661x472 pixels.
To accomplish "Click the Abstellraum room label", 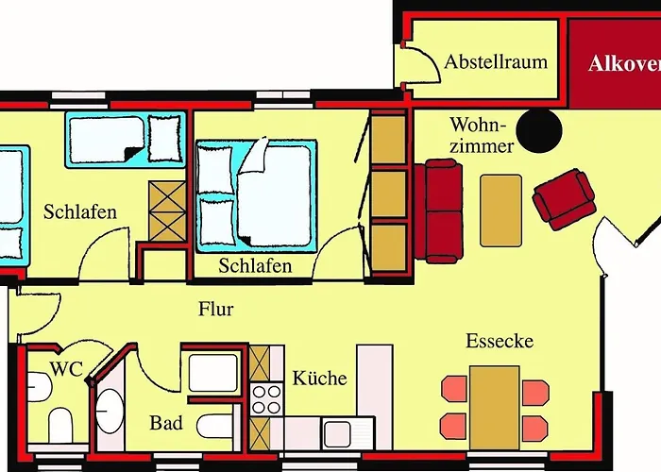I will (x=496, y=62).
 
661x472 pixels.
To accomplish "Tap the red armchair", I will (x=564, y=198).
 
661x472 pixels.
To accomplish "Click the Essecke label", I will (x=500, y=341).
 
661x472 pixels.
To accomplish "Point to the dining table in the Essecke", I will (x=495, y=406).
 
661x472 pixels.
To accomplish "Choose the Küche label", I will (x=319, y=379).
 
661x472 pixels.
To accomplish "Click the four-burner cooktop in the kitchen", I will (x=267, y=396).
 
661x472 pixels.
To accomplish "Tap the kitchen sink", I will (x=336, y=433).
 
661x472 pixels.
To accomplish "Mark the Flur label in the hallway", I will (x=215, y=309).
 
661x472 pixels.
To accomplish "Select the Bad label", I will (x=166, y=423).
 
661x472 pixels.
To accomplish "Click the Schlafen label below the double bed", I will (x=255, y=266).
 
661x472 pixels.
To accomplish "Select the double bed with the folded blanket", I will (x=255, y=194).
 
